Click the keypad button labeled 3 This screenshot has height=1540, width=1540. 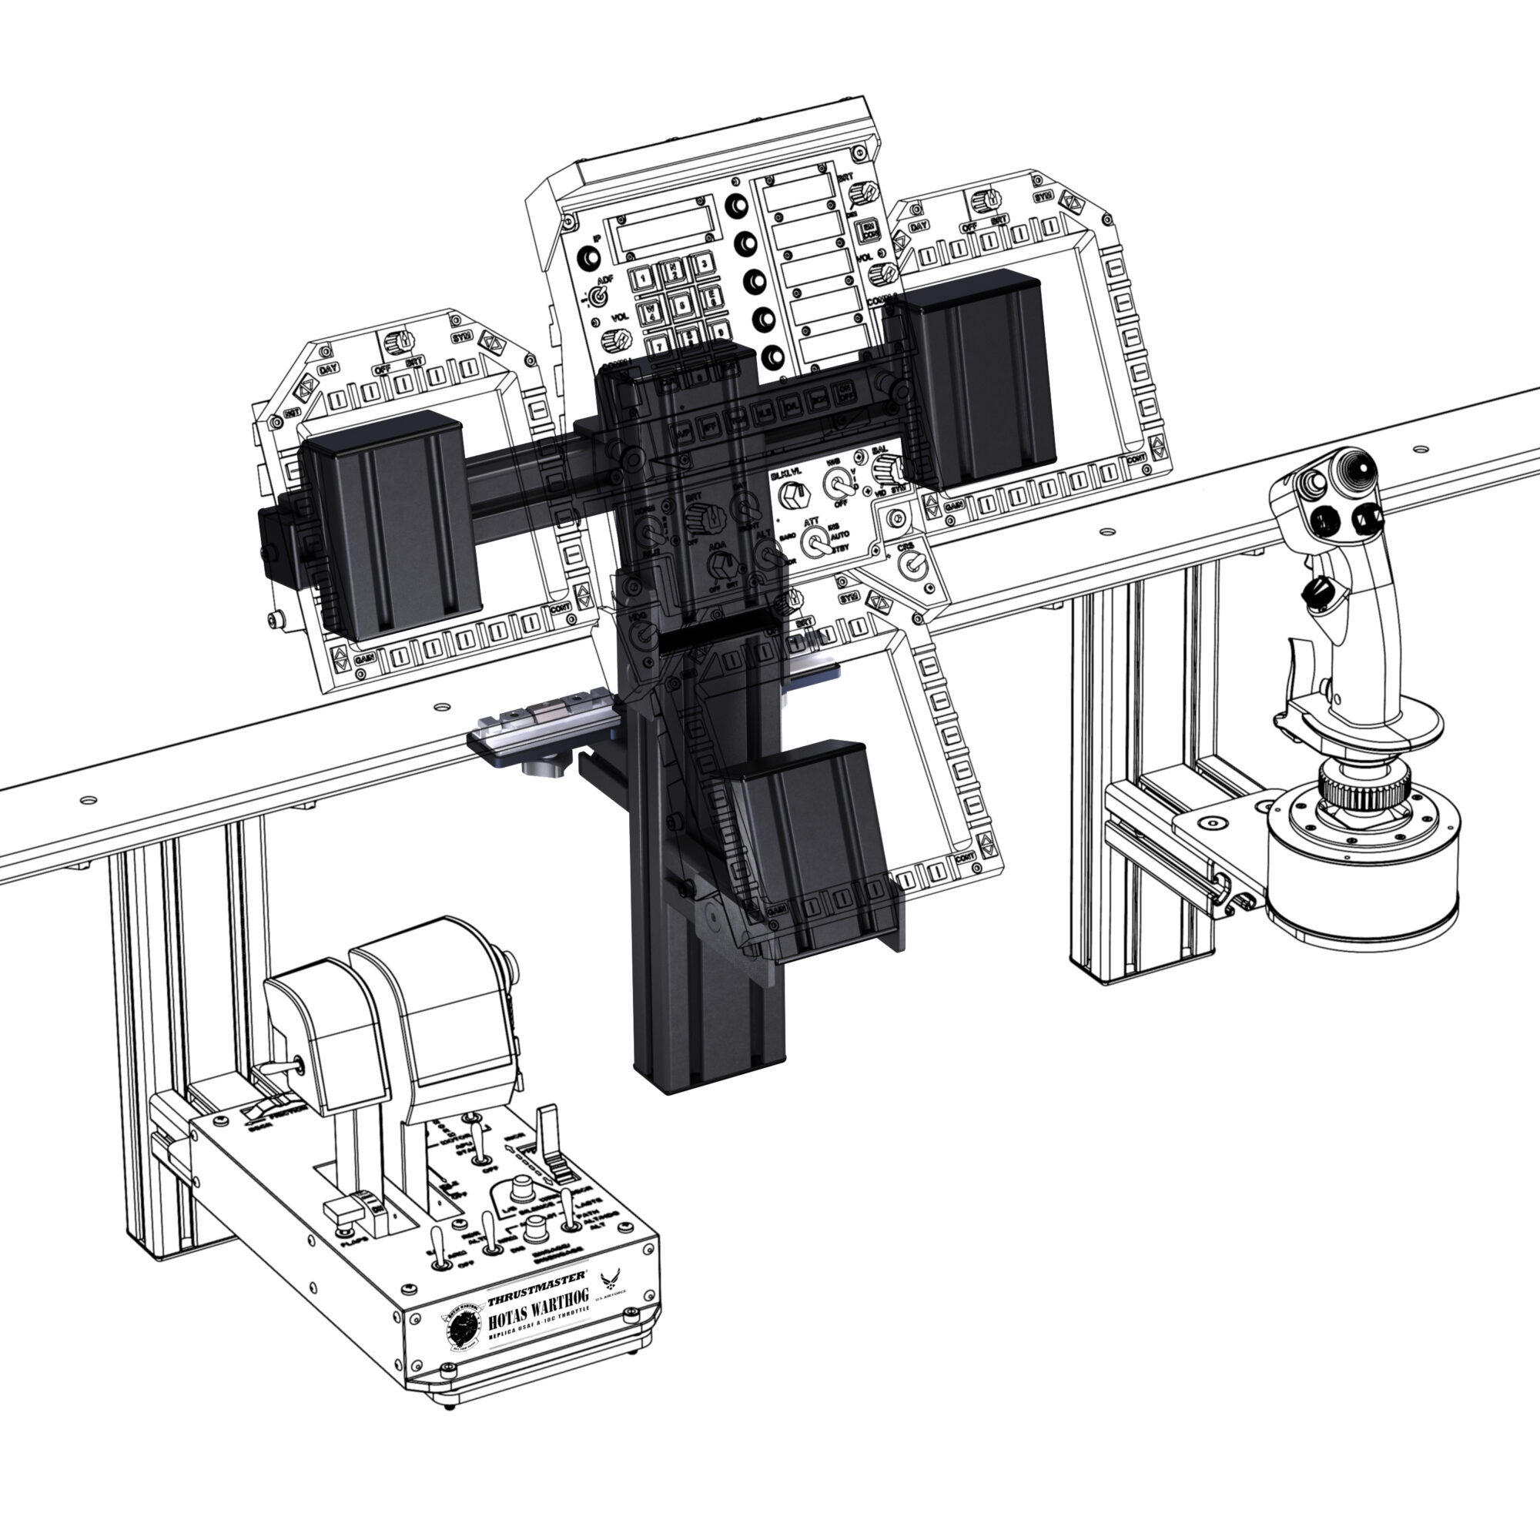tap(701, 264)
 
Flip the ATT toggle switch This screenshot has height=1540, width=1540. tap(814, 544)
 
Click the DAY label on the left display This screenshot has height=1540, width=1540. tap(327, 370)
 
